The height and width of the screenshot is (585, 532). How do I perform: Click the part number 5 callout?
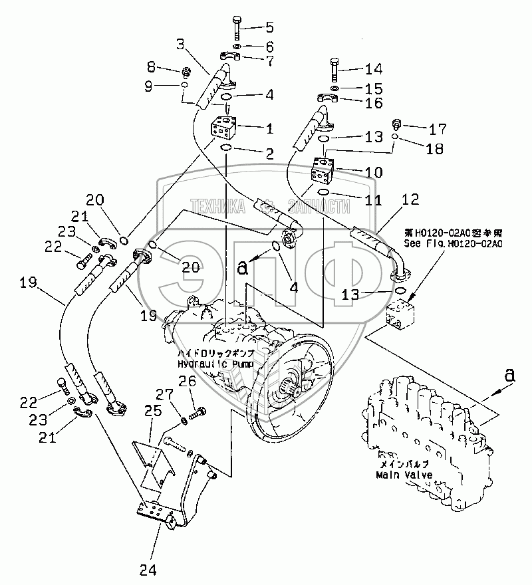click(x=269, y=27)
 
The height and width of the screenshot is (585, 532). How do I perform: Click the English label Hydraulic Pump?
click(x=207, y=364)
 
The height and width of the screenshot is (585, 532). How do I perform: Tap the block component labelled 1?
click(x=223, y=127)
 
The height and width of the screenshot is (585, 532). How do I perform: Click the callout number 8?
click(x=150, y=66)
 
